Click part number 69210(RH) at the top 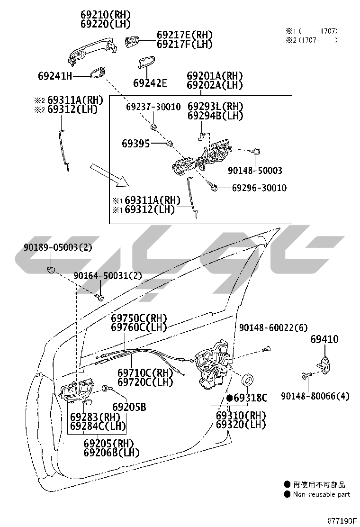[105, 15]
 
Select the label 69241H [55, 75]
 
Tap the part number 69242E [150, 83]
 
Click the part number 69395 [135, 143]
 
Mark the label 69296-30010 [259, 188]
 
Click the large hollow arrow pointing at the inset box [108, 175]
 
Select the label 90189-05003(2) [58, 247]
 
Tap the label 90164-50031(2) [107, 276]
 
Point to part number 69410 [324, 339]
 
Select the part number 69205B [129, 407]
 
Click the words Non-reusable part [322, 494]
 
